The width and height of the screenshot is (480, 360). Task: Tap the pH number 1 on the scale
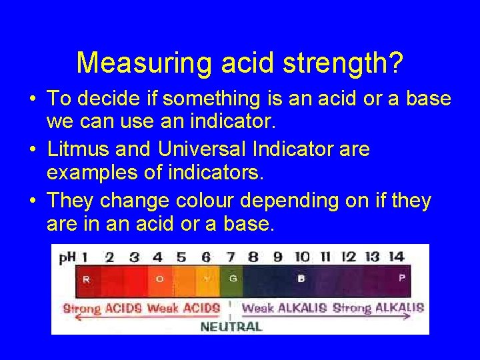[85, 257]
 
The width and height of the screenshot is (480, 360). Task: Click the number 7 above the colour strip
[231, 257]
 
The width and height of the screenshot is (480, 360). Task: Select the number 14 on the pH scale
[396, 257]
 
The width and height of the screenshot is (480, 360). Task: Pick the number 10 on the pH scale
[302, 257]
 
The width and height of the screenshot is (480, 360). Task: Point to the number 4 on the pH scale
[157, 257]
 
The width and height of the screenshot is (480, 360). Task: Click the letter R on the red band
[86, 279]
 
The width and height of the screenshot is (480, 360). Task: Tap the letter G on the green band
[233, 279]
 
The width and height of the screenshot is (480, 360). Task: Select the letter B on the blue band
[301, 279]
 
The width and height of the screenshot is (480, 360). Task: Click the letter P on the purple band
[401, 278]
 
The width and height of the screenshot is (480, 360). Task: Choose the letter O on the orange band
[159, 279]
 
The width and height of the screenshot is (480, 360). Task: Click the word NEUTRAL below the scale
[231, 326]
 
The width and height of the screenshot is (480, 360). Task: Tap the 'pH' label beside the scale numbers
[67, 257]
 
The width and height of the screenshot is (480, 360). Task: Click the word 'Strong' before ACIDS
[82, 308]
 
